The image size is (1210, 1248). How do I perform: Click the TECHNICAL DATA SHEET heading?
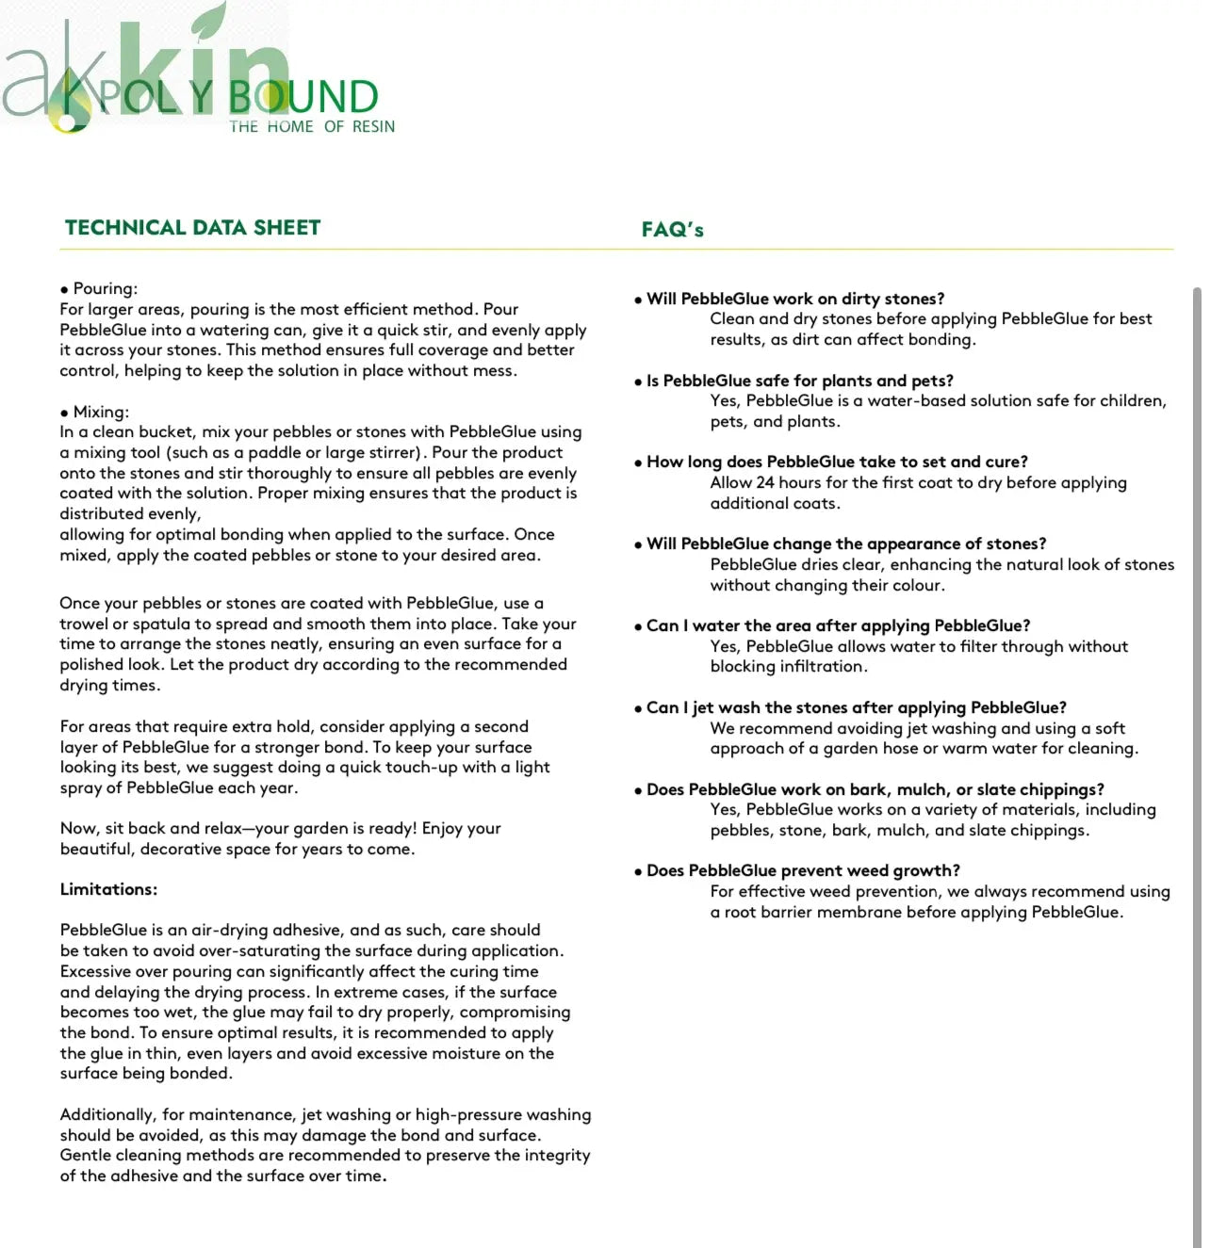click(x=192, y=227)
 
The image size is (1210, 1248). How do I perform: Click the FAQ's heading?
click(x=672, y=230)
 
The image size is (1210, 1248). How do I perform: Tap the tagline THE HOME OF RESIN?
click(x=312, y=126)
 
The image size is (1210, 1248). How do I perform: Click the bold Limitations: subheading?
click(x=108, y=889)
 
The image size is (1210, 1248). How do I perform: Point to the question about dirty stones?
click(x=794, y=299)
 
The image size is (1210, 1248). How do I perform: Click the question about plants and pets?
click(x=799, y=381)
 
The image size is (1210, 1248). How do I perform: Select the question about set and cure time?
click(x=837, y=462)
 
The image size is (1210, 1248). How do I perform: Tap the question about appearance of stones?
click(x=845, y=543)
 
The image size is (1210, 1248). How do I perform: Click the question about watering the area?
click(x=838, y=625)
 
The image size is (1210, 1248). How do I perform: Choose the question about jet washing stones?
click(x=856, y=707)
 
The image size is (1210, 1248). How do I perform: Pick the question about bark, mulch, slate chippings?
click(x=875, y=789)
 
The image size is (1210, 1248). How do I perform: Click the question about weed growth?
click(x=803, y=870)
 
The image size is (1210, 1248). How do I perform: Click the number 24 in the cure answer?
click(x=765, y=482)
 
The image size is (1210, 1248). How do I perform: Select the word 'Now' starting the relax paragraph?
click(x=78, y=828)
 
